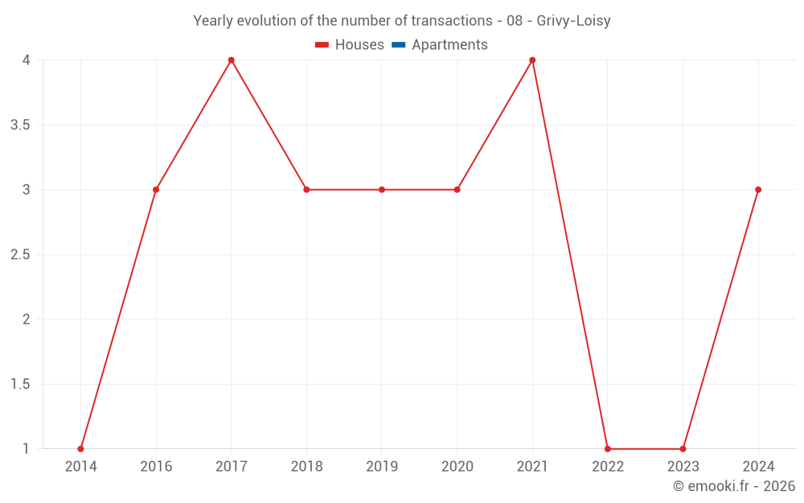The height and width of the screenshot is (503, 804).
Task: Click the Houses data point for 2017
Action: (x=231, y=60)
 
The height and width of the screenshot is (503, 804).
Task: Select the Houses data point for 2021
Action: (x=532, y=60)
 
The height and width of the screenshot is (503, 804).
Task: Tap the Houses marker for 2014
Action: (x=80, y=448)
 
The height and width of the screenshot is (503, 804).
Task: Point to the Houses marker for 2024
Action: (x=758, y=190)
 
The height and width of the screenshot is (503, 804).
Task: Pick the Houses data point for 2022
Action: (x=608, y=448)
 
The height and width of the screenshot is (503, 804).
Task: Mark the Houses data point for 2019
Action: (x=382, y=190)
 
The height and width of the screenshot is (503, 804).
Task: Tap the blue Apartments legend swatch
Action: (x=398, y=45)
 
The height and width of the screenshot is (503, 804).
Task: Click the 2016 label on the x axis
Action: (x=156, y=467)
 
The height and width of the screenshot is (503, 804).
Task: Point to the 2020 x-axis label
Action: (x=457, y=467)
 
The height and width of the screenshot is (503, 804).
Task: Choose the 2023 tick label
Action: (x=683, y=467)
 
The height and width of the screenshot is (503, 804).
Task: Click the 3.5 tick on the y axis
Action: (x=21, y=126)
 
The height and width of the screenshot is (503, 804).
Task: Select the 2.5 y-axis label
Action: (x=21, y=255)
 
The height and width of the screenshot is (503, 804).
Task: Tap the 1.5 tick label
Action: (x=21, y=385)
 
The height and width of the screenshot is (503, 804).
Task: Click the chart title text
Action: (x=401, y=21)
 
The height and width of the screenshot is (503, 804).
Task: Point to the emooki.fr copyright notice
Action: (x=734, y=486)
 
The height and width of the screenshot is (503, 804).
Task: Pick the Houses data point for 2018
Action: (x=306, y=190)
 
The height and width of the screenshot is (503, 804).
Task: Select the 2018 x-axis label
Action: (x=306, y=467)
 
